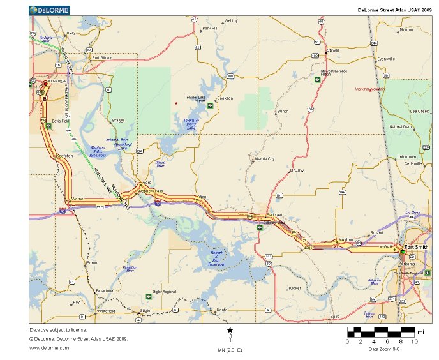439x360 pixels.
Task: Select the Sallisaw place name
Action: [x=274, y=215]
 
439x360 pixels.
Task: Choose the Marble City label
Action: [x=264, y=158]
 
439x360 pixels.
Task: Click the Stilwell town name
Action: [x=333, y=50]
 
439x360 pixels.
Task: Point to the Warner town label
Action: [x=78, y=199]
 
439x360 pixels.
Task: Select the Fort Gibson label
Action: [x=102, y=58]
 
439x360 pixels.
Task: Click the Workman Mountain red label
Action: [x=368, y=89]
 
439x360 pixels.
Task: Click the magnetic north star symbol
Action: [x=230, y=331]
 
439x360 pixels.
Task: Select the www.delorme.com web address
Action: [x=45, y=348]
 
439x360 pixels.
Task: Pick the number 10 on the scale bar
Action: [x=414, y=341]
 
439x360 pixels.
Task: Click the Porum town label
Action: [x=93, y=262]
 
